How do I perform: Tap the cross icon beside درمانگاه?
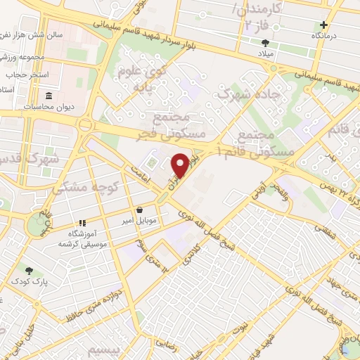323,25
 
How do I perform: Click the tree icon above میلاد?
265,43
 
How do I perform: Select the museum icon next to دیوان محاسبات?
49,96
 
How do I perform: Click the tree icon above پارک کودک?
29,270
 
